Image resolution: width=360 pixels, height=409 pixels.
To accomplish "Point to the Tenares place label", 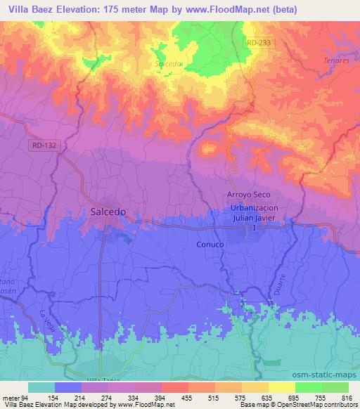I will [x=337, y=61].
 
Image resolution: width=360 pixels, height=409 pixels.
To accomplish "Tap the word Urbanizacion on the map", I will [x=259, y=208].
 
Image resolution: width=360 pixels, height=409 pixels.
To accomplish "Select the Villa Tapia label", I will [x=103, y=379].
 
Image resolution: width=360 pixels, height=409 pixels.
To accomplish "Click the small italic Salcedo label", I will [x=169, y=63].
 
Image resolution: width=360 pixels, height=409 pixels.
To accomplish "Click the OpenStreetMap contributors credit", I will [x=321, y=405].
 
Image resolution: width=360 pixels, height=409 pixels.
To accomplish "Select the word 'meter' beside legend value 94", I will [x=10, y=398].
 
